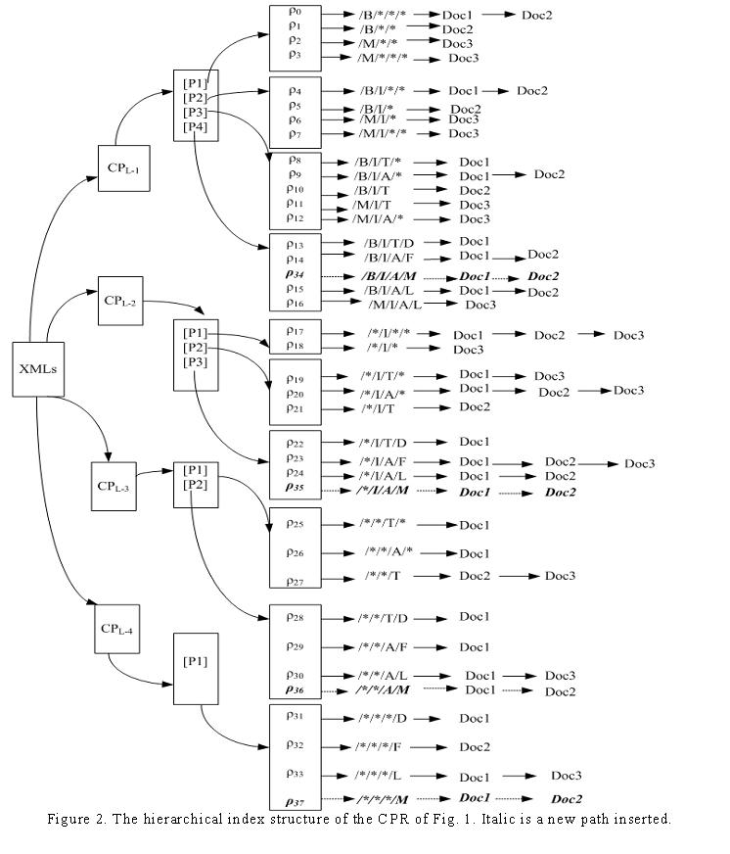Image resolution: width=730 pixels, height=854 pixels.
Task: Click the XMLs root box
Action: point(36,368)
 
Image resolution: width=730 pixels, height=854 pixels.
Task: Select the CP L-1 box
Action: point(123,168)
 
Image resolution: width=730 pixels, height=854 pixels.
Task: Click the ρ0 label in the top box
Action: point(295,11)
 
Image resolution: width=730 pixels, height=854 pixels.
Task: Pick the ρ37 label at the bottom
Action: point(295,799)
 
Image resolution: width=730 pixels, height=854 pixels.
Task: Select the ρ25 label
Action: point(295,524)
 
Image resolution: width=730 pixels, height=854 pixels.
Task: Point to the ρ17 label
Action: point(295,330)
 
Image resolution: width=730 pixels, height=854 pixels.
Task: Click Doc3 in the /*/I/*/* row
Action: point(628,335)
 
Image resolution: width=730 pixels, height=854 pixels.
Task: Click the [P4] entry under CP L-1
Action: point(195,127)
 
